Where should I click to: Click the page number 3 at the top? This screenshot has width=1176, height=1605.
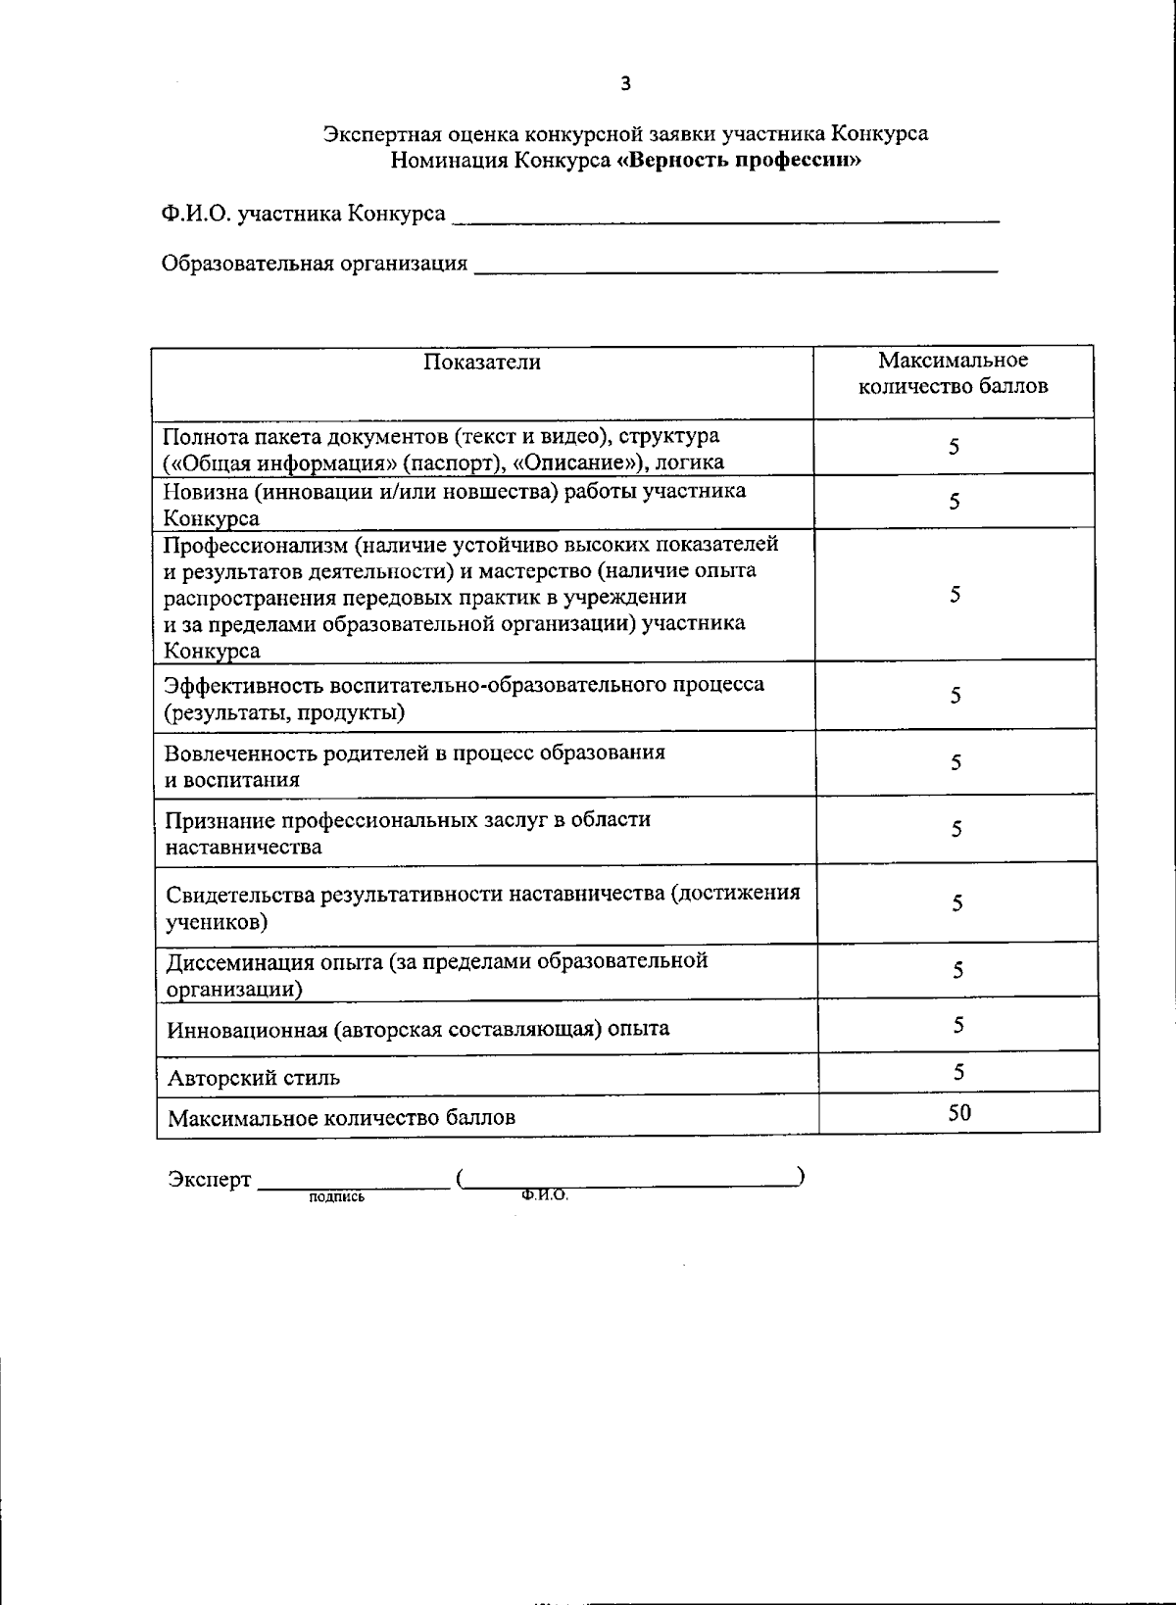pos(626,84)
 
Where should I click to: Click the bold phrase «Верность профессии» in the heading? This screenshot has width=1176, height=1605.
pos(739,160)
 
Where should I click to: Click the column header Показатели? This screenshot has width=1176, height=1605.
pos(482,363)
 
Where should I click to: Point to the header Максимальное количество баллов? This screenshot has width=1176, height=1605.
pos(953,373)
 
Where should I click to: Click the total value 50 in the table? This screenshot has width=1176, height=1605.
pos(959,1111)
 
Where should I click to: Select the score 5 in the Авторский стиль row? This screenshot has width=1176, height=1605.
pos(958,1072)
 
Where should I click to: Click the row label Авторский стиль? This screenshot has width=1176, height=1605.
pos(254,1079)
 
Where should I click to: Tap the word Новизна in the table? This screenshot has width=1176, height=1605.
pos(204,491)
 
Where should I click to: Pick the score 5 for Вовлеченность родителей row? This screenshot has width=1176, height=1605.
pos(955,762)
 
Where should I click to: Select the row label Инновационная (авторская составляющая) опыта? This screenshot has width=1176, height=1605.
pos(418,1029)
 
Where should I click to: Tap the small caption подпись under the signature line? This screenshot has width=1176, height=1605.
pos(336,1196)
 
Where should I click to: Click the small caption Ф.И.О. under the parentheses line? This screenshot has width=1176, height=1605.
pos(545,1195)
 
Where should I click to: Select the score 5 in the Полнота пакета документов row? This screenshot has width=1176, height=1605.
pos(954,447)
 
